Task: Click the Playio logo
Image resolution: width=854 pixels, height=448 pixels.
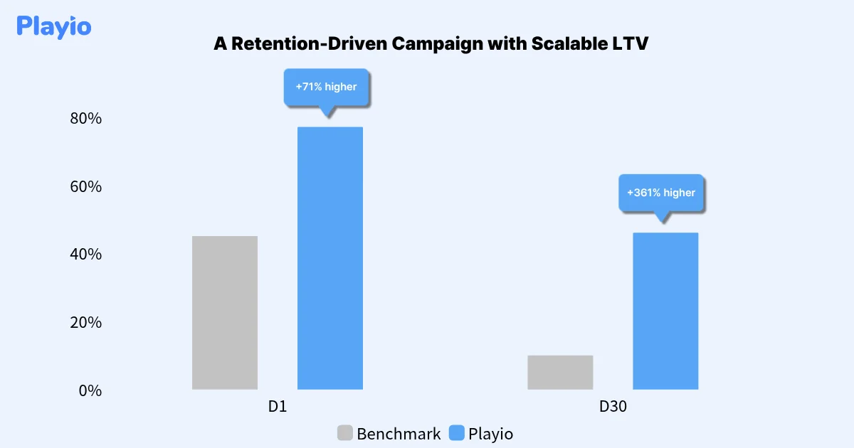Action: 54,27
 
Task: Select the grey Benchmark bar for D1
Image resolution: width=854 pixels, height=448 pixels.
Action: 225,312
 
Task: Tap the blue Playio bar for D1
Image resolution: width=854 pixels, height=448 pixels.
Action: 330,257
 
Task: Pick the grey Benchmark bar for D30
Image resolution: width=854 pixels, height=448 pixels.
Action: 560,372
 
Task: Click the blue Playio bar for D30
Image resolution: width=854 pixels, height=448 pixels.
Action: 665,311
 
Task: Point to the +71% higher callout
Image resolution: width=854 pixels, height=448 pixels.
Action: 327,87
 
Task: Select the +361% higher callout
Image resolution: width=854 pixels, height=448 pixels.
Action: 661,193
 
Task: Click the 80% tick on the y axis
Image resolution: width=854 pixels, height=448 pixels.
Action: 86,119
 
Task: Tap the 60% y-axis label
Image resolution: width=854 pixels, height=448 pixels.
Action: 86,187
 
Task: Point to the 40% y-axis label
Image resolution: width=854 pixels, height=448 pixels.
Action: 86,255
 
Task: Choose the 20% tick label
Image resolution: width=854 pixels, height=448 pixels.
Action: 86,323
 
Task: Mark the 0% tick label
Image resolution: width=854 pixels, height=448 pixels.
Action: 90,390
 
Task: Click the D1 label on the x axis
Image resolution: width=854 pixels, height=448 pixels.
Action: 278,407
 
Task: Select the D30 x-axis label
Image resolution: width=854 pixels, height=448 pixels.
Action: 613,407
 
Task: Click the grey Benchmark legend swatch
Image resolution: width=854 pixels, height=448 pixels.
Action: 345,433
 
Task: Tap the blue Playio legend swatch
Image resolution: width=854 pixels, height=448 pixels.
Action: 457,433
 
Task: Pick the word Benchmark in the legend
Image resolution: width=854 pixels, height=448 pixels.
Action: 399,434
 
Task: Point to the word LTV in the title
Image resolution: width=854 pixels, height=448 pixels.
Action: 629,44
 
